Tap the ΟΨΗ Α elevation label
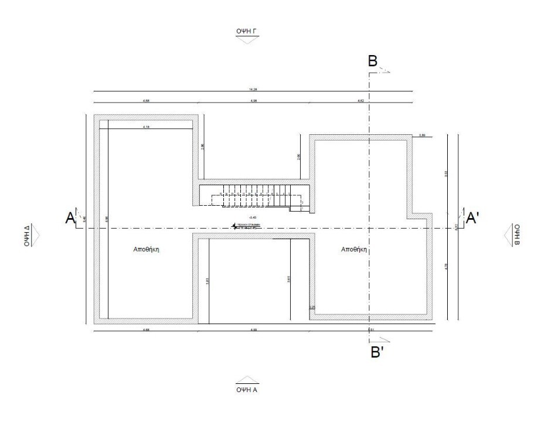coord(246,389)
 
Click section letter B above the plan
coord(372,61)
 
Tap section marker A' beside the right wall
coord(472,218)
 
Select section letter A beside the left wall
coord(70,218)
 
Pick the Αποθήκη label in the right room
coord(354,249)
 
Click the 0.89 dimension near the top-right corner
coord(421,135)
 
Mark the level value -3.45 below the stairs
coord(253,217)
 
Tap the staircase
coord(253,195)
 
